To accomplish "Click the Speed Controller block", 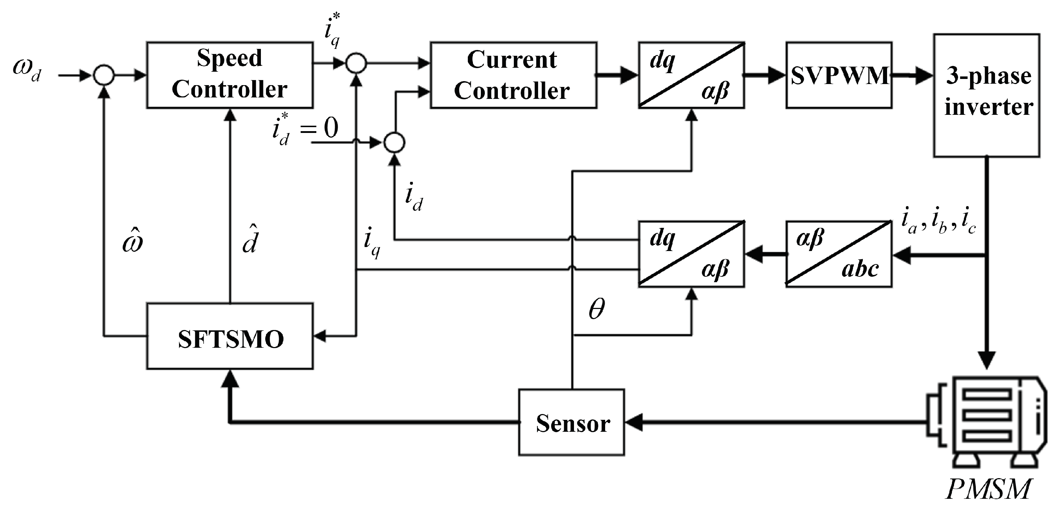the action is pyautogui.click(x=230, y=75).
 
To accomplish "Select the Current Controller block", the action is pyautogui.click(x=513, y=75).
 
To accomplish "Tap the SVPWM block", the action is pyautogui.click(x=839, y=75).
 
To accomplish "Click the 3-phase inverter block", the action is pyautogui.click(x=986, y=95).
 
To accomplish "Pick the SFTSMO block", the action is pyautogui.click(x=230, y=336).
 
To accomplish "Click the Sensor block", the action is pyautogui.click(x=572, y=422).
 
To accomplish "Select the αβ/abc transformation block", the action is pyautogui.click(x=839, y=254).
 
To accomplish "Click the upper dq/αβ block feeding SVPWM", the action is pyautogui.click(x=691, y=75).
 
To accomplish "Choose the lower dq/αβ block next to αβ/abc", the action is pyautogui.click(x=691, y=254).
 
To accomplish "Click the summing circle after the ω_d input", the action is pyautogui.click(x=104, y=75).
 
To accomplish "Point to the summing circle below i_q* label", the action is pyautogui.click(x=356, y=63).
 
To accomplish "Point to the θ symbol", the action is pyautogui.click(x=597, y=309).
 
